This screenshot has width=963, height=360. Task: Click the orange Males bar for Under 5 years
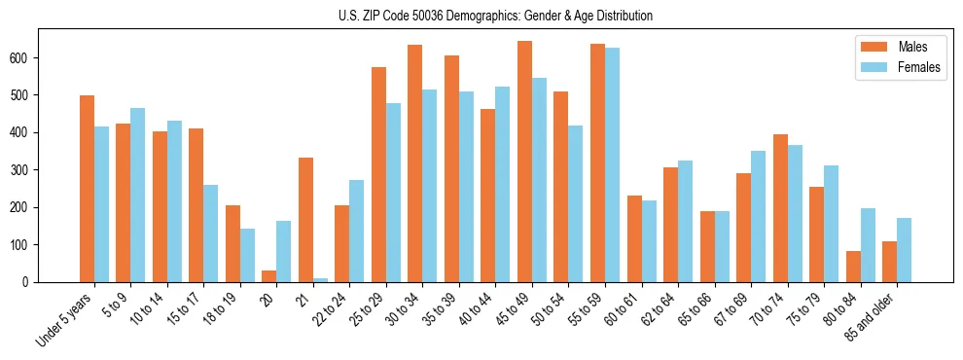pos(88,189)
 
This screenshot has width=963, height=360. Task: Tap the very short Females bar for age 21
pos(320,280)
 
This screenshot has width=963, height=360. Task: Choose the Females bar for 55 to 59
pos(612,165)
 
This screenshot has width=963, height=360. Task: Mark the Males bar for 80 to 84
pos(853,267)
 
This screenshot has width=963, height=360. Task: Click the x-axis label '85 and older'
pos(874,319)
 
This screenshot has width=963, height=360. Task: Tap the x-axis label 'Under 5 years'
pos(66,319)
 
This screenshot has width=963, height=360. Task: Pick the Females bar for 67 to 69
pos(758,216)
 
